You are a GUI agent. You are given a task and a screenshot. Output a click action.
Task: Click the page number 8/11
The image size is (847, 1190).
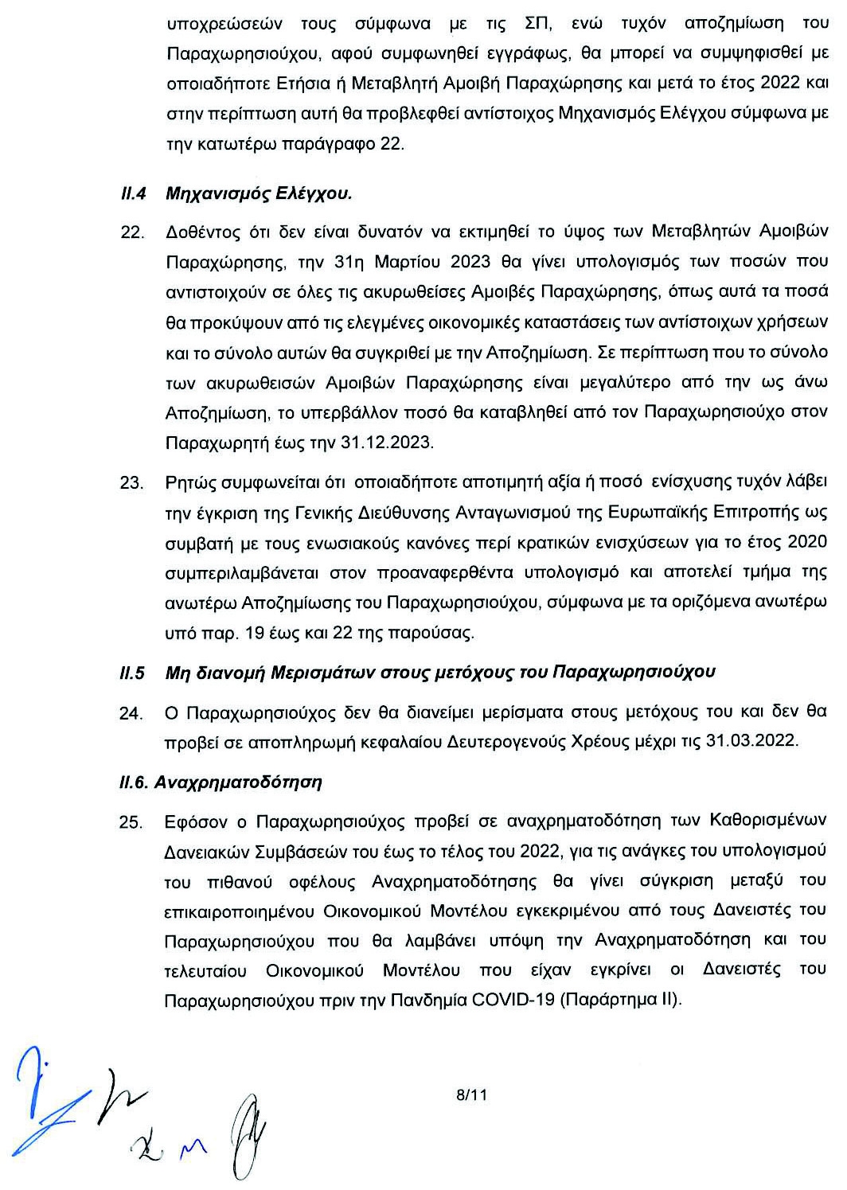point(470,1095)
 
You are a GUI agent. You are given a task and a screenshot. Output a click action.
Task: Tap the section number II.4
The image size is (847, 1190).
point(131,193)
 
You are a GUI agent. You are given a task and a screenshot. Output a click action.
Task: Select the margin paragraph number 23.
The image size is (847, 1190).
point(130,483)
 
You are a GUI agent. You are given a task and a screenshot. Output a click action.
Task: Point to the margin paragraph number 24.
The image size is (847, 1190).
point(130,713)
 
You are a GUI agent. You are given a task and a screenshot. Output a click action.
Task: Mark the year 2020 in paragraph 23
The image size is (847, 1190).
point(807,542)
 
